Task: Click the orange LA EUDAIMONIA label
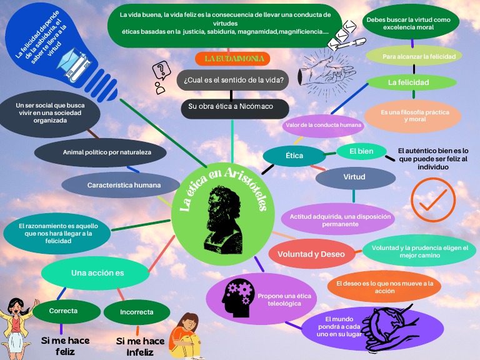[x=232, y=59]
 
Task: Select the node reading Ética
[x=294, y=156]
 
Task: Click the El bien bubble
[x=361, y=151]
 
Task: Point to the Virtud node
[x=355, y=177]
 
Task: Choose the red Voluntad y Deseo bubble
[x=311, y=254]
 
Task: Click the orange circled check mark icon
[x=433, y=199]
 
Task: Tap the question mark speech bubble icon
[x=161, y=71]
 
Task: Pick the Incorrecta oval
[x=136, y=312]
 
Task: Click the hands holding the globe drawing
[x=389, y=329]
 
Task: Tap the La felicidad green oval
[x=411, y=82]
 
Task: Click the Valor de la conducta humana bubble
[x=323, y=125]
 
